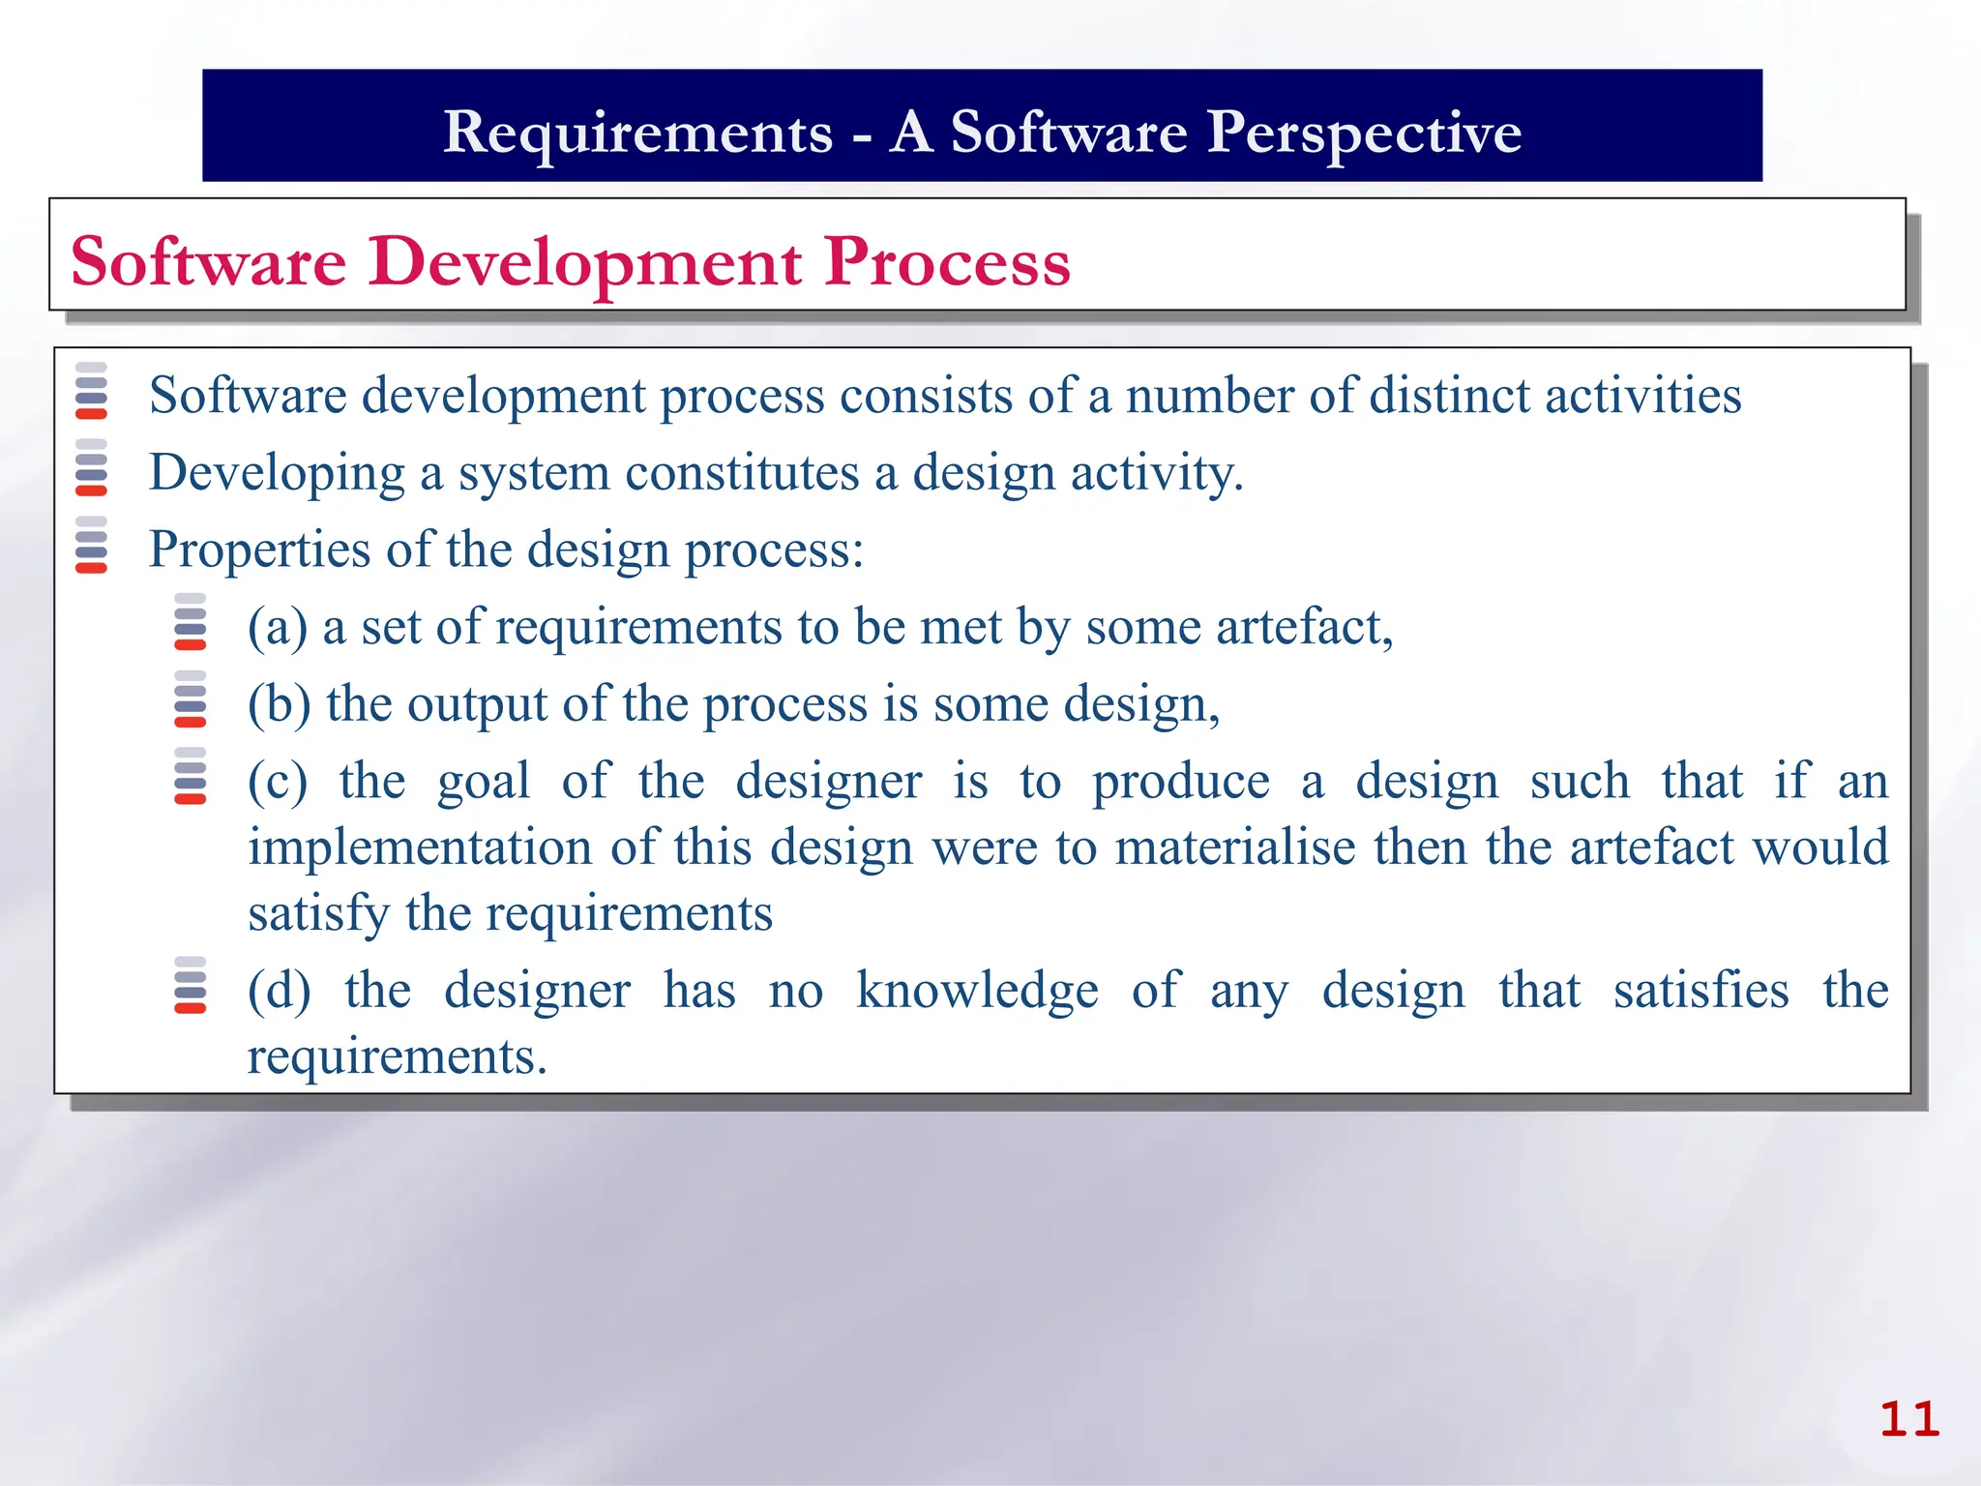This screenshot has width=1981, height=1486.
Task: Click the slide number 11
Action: pyautogui.click(x=1908, y=1420)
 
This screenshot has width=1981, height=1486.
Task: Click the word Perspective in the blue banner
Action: pyautogui.click(x=1364, y=132)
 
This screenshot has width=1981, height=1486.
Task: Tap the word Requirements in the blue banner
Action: pyautogui.click(x=637, y=132)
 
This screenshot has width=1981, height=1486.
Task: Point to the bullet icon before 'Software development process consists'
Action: pyautogui.click(x=91, y=391)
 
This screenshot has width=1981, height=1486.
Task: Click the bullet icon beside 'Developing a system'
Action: pyautogui.click(x=91, y=468)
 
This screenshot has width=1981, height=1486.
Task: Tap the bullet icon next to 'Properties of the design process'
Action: pyautogui.click(x=91, y=545)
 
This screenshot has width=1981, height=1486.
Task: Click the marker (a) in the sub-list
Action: pyautogui.click(x=277, y=628)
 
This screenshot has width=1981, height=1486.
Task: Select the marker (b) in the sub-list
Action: pyautogui.click(x=279, y=704)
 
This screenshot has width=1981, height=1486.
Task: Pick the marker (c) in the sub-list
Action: pyautogui.click(x=277, y=782)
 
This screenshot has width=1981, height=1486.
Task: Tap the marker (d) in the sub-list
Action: pyautogui.click(x=279, y=991)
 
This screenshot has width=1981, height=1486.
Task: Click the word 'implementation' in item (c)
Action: pyautogui.click(x=420, y=847)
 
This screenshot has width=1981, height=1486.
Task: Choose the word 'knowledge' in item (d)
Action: pyautogui.click(x=977, y=991)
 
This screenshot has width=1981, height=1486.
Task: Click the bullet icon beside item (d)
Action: pyautogui.click(x=190, y=986)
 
